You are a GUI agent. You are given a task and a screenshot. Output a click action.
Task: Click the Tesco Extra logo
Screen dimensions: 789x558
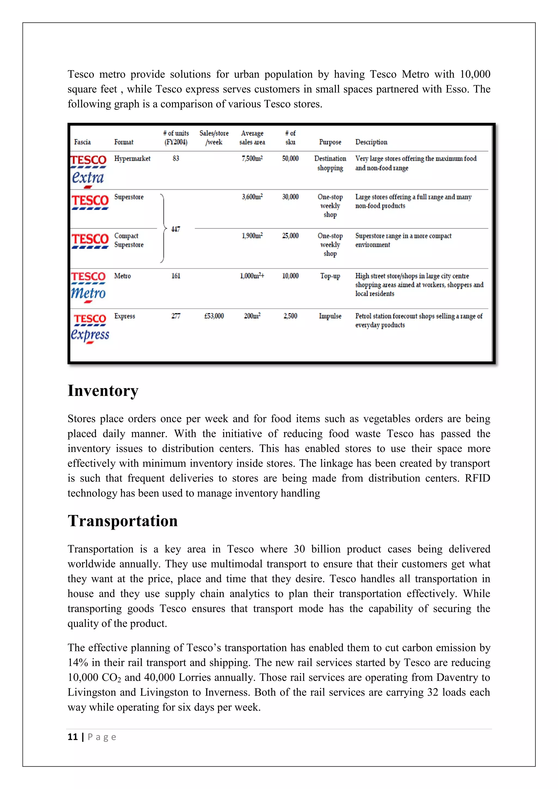point(88,171)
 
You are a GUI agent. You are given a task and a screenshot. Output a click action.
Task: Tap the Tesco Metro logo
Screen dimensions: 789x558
point(88,287)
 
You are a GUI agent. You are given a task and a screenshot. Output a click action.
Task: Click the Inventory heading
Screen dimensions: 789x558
point(103,391)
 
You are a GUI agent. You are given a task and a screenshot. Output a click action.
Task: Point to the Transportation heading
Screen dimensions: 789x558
point(122,521)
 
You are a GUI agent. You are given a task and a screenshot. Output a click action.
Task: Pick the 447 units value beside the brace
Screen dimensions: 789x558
point(175,229)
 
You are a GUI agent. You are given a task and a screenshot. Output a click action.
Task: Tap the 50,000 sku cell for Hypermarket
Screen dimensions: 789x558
point(290,158)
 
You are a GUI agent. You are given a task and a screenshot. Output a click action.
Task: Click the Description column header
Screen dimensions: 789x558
point(371,142)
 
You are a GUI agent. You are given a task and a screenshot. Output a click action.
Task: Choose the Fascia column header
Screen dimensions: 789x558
point(83,142)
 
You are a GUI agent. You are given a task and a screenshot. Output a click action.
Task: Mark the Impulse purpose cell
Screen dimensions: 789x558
point(330,316)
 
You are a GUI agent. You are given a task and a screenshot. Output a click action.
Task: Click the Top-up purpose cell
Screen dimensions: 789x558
point(330,276)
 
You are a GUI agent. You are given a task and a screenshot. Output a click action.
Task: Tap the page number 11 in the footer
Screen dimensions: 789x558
point(72,737)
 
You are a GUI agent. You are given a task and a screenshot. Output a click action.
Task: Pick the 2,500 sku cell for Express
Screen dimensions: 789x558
point(290,316)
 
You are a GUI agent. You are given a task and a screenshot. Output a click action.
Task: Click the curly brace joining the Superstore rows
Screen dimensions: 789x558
point(163,229)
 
